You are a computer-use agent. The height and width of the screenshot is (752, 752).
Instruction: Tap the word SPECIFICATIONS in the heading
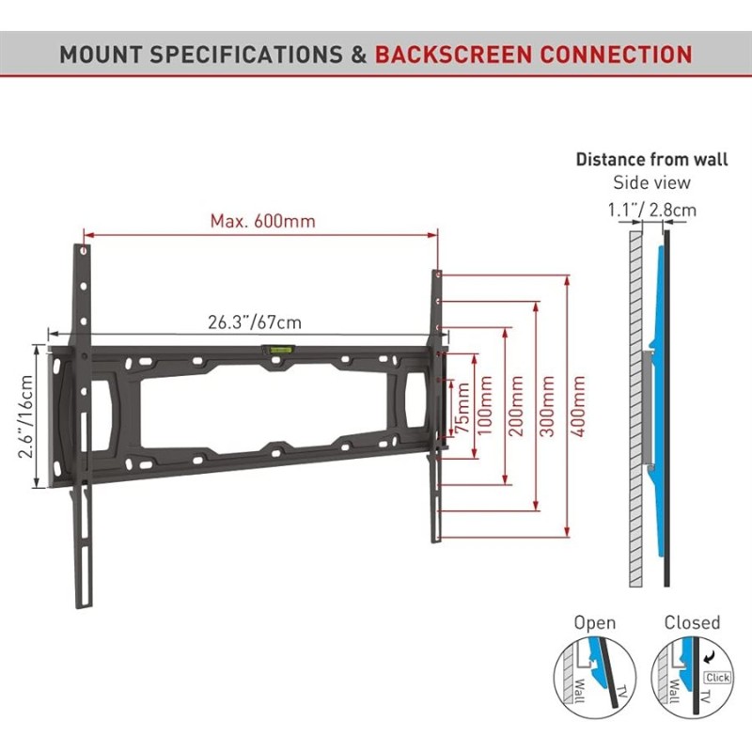tap(246, 55)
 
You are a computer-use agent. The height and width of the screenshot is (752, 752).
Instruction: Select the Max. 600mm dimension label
tap(263, 221)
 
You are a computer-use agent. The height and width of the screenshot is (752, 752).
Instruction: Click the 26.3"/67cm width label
tap(255, 322)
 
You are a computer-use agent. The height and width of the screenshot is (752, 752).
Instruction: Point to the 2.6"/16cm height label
tap(26, 416)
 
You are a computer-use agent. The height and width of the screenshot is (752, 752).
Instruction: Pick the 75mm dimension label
tap(463, 408)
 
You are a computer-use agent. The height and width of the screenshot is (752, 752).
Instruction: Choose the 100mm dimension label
tap(485, 406)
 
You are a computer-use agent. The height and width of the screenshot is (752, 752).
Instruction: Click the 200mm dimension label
tap(516, 406)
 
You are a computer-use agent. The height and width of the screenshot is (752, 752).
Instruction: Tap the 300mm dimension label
tap(547, 406)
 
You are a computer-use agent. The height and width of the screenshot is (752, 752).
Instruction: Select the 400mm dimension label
tap(578, 406)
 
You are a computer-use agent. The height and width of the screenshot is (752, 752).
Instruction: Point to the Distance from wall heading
tap(651, 159)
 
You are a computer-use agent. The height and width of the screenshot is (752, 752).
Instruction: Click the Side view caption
tap(651, 182)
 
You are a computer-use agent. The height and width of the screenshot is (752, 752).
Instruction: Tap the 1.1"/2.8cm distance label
tap(652, 210)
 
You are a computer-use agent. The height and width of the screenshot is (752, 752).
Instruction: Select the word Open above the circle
tap(595, 623)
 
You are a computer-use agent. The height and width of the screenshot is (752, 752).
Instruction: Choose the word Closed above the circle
tap(692, 622)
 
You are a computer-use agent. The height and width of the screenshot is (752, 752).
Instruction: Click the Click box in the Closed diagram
tap(717, 677)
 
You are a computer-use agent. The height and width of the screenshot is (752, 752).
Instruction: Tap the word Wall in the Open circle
tap(579, 691)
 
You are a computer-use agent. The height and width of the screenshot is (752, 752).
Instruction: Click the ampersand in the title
tap(359, 55)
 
